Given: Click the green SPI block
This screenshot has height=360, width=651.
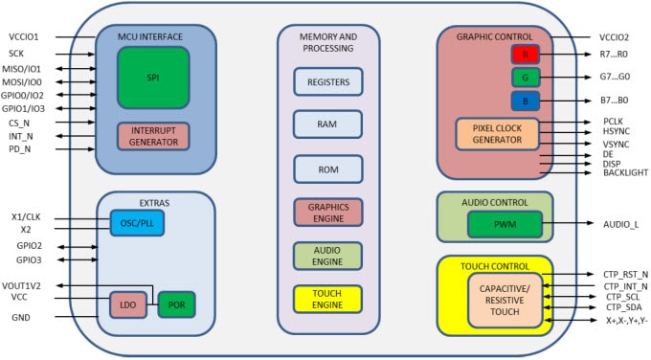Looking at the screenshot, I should point(153,76).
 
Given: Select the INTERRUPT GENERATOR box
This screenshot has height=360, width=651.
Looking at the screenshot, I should point(153,136).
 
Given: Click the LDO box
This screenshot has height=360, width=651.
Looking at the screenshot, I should point(127,305).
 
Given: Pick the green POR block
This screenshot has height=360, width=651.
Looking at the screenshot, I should point(176,305).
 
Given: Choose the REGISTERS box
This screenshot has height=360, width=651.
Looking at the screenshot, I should point(327,82).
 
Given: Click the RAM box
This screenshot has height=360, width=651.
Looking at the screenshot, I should point(327,124).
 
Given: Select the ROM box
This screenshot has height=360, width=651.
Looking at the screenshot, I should point(327,168).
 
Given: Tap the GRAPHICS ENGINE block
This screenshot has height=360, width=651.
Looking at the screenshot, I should point(327,212).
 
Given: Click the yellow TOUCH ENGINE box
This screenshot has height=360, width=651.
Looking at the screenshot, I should point(327,299).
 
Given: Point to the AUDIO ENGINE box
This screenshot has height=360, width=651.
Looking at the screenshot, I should point(327,256).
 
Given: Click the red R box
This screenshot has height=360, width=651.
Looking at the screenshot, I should point(527,55).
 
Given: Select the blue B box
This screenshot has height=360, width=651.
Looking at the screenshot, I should point(527,100).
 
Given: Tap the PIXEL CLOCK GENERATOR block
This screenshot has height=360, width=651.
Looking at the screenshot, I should point(497,134).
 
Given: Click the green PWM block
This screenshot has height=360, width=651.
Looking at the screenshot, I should point(505,224).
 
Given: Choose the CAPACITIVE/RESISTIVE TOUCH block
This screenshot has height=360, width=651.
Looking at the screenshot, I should point(503,299).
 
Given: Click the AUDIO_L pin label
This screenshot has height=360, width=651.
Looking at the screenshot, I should point(622,224).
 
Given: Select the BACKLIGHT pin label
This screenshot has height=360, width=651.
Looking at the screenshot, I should point(626,172).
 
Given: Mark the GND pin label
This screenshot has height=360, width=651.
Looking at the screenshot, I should point(21,316).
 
